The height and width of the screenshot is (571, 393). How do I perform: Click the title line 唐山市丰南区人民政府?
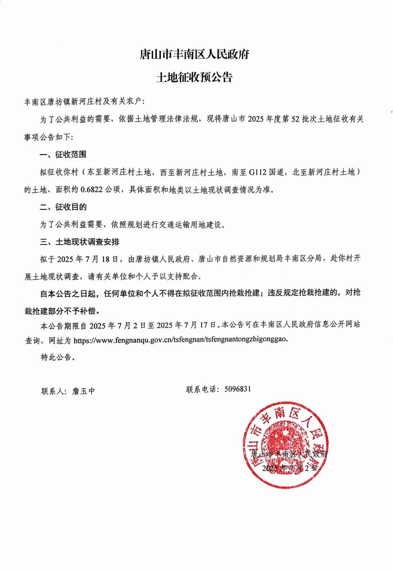pyautogui.click(x=194, y=55)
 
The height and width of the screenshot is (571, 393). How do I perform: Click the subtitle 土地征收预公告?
pyautogui.click(x=194, y=77)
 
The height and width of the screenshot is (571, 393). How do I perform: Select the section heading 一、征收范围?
pyautogui.click(x=63, y=155)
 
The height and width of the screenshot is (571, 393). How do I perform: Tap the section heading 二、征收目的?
pyautogui.click(x=63, y=207)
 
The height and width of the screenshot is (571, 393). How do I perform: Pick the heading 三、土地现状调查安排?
pyautogui.click(x=80, y=242)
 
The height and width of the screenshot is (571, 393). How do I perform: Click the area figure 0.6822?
pyautogui.click(x=91, y=190)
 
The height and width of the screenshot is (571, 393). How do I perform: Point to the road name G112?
pyautogui.click(x=258, y=172)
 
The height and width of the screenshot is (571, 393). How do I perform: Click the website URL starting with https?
pyautogui.click(x=181, y=340)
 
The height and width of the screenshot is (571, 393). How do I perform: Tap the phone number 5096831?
pyautogui.click(x=238, y=389)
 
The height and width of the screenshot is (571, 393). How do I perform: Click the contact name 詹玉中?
pyautogui.click(x=84, y=391)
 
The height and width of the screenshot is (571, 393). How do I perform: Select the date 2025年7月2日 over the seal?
pyautogui.click(x=290, y=468)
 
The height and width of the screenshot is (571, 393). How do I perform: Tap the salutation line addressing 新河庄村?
pyautogui.click(x=84, y=102)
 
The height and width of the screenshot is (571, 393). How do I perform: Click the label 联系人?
pyautogui.click(x=53, y=391)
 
